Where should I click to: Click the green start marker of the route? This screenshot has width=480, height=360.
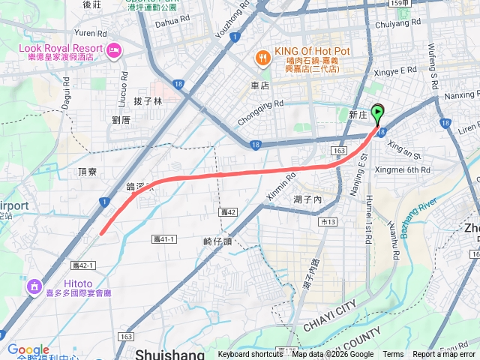pyautogui.click(x=377, y=114)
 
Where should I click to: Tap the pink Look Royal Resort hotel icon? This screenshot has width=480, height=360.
pyautogui.click(x=114, y=51)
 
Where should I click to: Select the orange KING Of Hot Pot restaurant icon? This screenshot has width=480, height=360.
pyautogui.click(x=262, y=55)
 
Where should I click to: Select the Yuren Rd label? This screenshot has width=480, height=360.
pyautogui.click(x=91, y=33)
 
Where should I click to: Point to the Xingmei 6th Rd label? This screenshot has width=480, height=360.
pyautogui.click(x=403, y=170)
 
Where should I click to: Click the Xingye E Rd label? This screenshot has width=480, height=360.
pyautogui.click(x=397, y=70)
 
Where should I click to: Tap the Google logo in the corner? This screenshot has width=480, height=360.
pyautogui.click(x=28, y=349)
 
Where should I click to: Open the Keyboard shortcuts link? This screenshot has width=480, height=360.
pyautogui.click(x=250, y=355)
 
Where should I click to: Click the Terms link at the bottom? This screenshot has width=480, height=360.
pyautogui.click(x=393, y=355)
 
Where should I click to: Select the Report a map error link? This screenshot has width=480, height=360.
pyautogui.click(x=444, y=355)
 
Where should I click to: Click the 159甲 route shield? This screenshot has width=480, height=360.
pyautogui.click(x=400, y=4)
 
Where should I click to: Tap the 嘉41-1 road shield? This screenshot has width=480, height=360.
pyautogui.click(x=163, y=238)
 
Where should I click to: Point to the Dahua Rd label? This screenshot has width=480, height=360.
pyautogui.click(x=168, y=22)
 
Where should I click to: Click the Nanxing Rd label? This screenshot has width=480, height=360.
pyautogui.click(x=460, y=96)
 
